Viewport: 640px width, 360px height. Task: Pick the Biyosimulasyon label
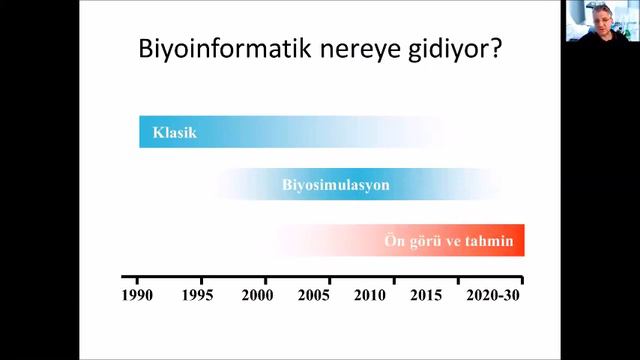335,186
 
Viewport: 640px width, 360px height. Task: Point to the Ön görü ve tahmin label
448,241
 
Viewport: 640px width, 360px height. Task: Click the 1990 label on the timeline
138,296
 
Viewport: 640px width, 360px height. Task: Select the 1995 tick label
201,296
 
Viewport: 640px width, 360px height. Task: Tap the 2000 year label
258,296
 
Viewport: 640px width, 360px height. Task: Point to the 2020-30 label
495,296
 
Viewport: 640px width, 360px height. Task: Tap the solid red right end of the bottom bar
518,241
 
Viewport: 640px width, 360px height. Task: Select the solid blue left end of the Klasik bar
145,132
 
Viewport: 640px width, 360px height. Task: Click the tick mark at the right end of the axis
521,280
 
